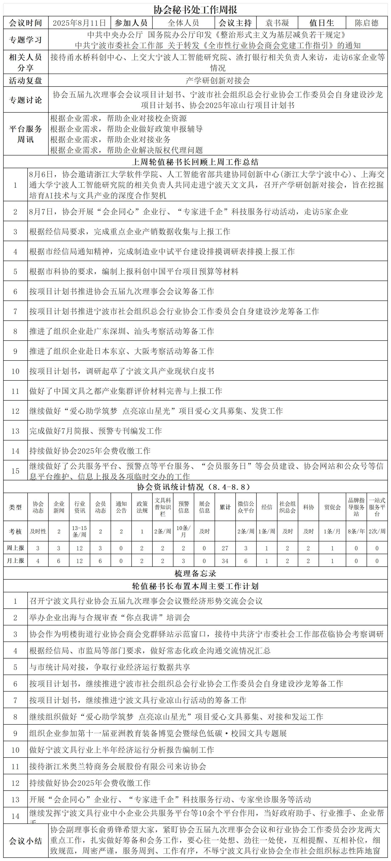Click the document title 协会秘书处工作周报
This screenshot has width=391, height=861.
click(195, 10)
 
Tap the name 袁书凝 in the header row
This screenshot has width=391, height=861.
click(277, 23)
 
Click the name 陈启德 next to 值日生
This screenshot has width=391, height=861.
click(367, 23)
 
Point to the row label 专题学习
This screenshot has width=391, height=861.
click(26, 40)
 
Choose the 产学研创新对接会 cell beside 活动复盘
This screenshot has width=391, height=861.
click(218, 81)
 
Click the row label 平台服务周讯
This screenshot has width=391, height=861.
click(26, 134)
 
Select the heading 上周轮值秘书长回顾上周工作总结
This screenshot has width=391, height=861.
click(195, 162)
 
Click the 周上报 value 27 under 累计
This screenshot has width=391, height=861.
click(225, 548)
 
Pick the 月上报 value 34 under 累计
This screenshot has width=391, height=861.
click(225, 561)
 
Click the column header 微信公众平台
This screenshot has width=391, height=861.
click(246, 507)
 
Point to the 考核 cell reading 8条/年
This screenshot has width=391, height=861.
click(356, 531)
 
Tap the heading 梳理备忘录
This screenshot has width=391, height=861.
click(195, 574)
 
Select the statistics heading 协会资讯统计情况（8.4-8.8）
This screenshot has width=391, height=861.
click(195, 487)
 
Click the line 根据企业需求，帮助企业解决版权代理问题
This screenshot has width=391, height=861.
click(127, 150)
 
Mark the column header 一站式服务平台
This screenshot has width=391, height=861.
click(377, 507)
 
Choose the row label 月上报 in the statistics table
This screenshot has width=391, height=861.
click(15, 561)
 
